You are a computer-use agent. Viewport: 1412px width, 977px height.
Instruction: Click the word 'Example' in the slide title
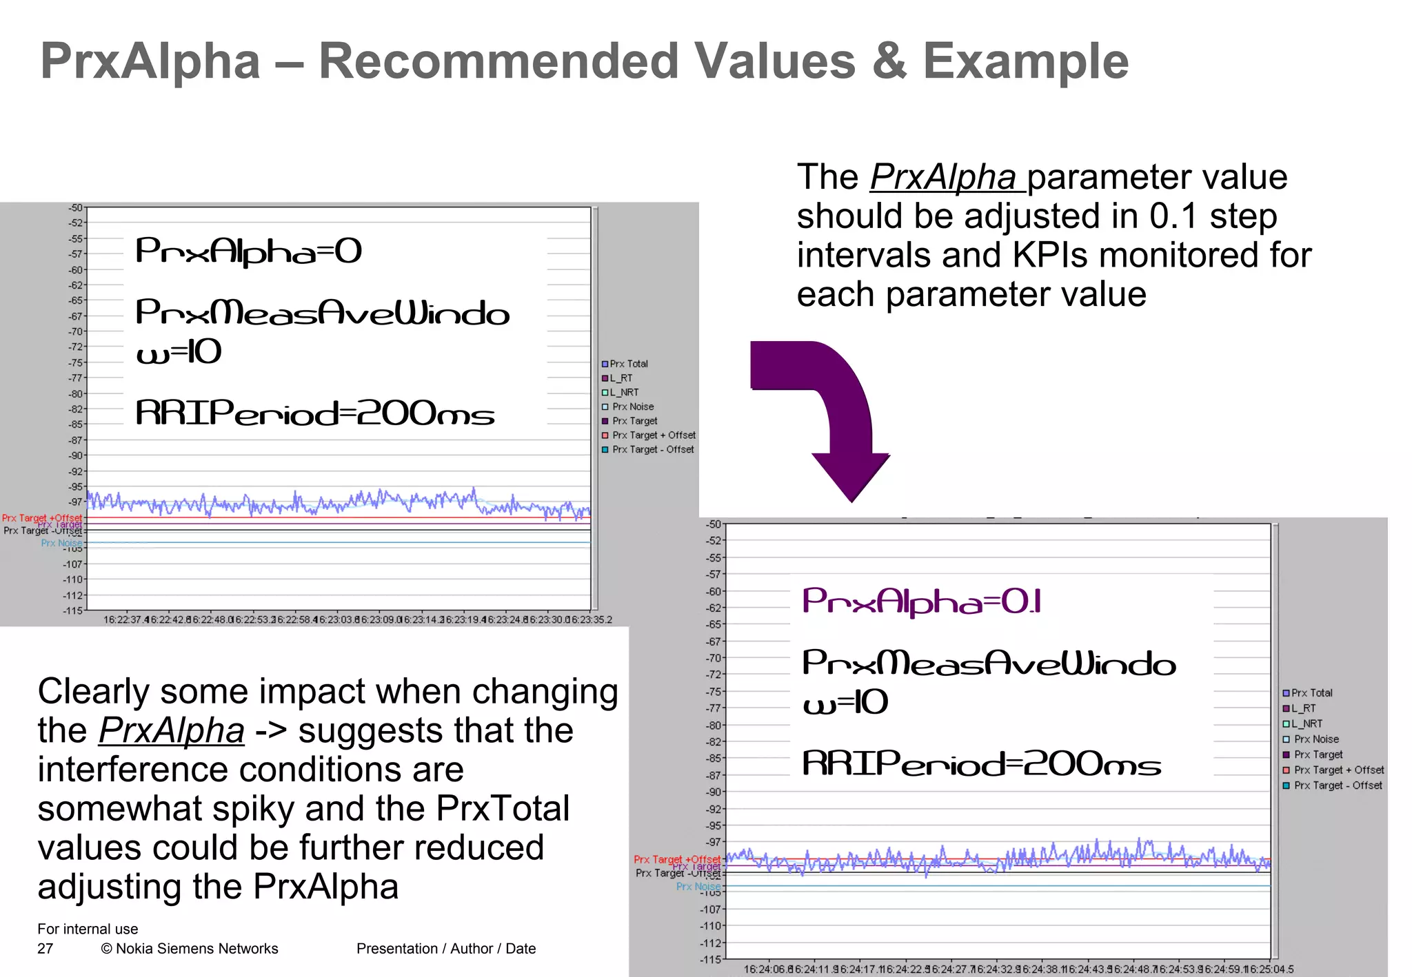pyautogui.click(x=1025, y=61)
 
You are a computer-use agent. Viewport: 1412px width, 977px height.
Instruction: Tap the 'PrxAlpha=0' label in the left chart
pyautogui.click(x=248, y=251)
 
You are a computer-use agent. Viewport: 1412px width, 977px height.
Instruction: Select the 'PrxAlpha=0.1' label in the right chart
pyautogui.click(x=921, y=602)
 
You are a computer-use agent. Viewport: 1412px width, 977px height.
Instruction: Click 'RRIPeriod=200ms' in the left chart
pyautogui.click(x=314, y=413)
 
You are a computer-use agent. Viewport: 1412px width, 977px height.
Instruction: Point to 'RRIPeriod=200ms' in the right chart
pyautogui.click(x=981, y=764)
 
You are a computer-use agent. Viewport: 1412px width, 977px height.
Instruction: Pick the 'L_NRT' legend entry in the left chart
pyautogui.click(x=623, y=392)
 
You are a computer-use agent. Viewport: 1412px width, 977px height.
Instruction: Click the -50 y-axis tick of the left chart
pyautogui.click(x=75, y=207)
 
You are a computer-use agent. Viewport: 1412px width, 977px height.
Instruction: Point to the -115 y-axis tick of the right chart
pyautogui.click(x=711, y=959)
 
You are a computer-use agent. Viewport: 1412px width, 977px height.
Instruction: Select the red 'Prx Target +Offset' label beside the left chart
pyautogui.click(x=42, y=517)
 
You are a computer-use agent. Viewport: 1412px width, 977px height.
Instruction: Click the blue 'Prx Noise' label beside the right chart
pyautogui.click(x=698, y=886)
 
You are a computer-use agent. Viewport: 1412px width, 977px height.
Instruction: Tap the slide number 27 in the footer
pyautogui.click(x=45, y=949)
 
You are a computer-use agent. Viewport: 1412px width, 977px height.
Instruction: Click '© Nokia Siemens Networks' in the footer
pyautogui.click(x=190, y=949)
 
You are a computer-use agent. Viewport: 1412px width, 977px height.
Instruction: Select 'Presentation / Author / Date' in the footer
pyautogui.click(x=446, y=949)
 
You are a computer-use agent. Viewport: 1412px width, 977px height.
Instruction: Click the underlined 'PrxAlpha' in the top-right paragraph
pyautogui.click(x=942, y=178)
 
